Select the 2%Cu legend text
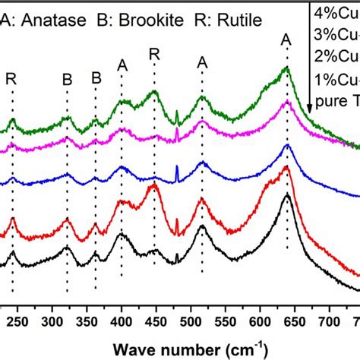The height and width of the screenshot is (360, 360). [339, 55]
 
